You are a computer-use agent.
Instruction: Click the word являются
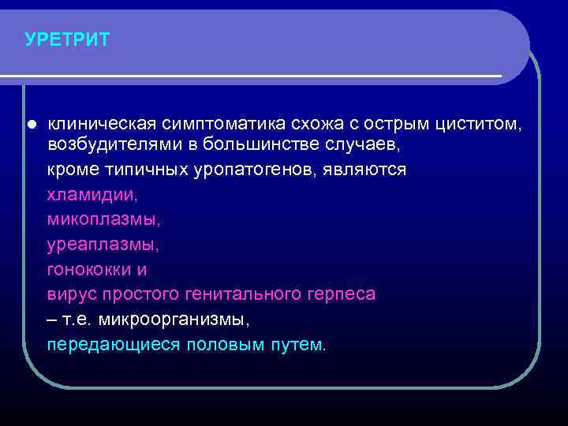pos(365,170)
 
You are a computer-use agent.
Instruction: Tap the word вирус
pos(73,295)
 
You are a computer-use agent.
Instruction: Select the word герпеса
pos(342,295)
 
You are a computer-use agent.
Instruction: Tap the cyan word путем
pos(297,346)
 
